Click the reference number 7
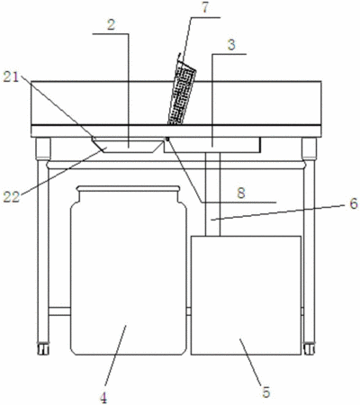(204, 8)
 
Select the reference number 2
(111, 25)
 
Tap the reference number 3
(231, 45)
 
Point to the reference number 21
(11, 77)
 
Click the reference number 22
(12, 197)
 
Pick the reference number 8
(241, 193)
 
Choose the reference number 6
(354, 204)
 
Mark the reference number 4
(103, 399)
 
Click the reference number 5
(266, 392)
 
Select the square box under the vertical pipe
(246, 295)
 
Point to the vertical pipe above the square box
(212, 194)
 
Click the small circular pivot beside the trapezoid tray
(167, 139)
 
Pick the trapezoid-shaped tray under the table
(128, 145)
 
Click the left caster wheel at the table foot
(43, 348)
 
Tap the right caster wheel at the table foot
(309, 348)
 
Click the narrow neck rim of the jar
(129, 188)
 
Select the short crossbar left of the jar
(59, 311)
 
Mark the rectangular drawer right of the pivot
(212, 145)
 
